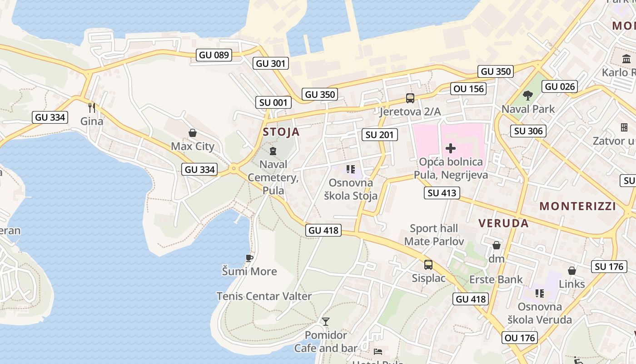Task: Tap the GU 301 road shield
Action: (x=272, y=64)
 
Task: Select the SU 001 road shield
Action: (x=273, y=102)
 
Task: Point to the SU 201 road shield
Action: (x=380, y=135)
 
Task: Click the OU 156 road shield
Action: (x=469, y=89)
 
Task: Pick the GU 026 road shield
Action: (x=560, y=86)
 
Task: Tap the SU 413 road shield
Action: (x=442, y=193)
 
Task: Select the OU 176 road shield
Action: (x=520, y=338)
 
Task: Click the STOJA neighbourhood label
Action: (x=281, y=132)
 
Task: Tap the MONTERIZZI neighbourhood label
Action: (x=578, y=206)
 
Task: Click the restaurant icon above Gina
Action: (x=92, y=107)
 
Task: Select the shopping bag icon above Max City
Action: (x=193, y=133)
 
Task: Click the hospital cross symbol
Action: (x=451, y=148)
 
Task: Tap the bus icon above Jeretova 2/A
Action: (x=410, y=98)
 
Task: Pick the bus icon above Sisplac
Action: (x=428, y=264)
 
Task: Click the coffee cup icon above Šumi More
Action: (x=249, y=258)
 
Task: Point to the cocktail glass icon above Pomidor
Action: (x=326, y=322)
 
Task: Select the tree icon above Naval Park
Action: (x=528, y=96)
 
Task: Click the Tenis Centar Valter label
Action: (x=264, y=296)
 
